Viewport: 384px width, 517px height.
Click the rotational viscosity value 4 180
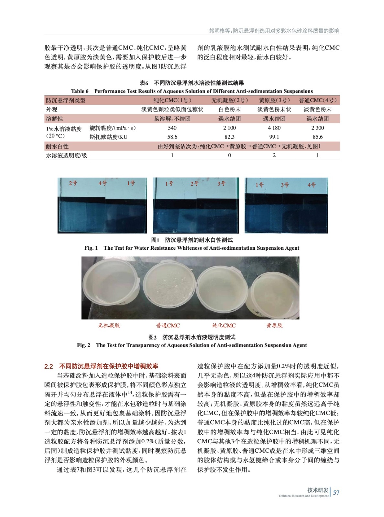[x=274, y=128]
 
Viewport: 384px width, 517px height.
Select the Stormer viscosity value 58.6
[x=172, y=137]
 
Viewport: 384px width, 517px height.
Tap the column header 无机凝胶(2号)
[x=230, y=100]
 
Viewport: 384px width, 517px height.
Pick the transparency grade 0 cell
[x=229, y=155]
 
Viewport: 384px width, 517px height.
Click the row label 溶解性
[x=55, y=119]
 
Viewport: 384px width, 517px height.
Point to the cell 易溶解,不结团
[x=172, y=119]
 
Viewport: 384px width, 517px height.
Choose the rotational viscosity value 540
[x=172, y=128]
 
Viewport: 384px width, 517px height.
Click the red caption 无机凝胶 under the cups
[x=109, y=325]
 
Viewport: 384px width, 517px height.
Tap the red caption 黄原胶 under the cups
[x=274, y=325]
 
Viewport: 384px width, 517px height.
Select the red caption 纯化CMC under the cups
[x=224, y=325]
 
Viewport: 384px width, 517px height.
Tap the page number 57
[x=336, y=492]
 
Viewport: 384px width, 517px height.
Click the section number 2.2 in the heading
[x=49, y=366]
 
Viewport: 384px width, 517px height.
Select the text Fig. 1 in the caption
[x=91, y=248]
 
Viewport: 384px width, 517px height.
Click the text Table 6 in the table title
[x=80, y=91]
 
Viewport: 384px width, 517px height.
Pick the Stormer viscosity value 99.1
[x=274, y=137]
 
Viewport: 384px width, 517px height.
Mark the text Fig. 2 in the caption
[x=83, y=345]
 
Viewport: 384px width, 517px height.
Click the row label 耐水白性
[x=57, y=146]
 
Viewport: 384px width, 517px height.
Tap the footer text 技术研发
[x=318, y=490]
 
